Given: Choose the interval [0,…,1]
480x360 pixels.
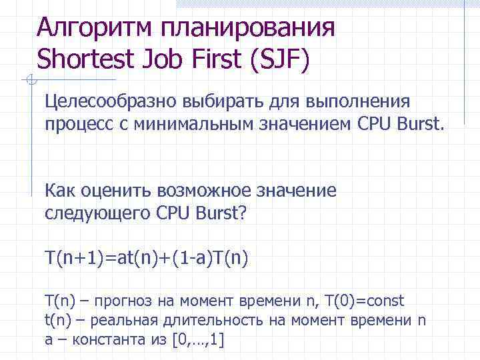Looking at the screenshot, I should click(x=198, y=341).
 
